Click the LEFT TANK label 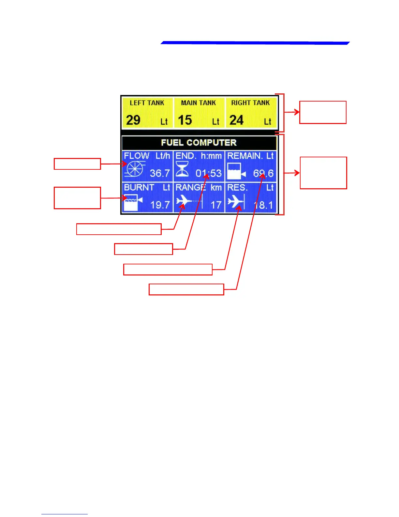click(x=147, y=103)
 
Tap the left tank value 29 click(x=133, y=120)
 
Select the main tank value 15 click(x=185, y=120)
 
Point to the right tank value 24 click(x=236, y=120)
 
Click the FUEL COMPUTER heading click(x=199, y=143)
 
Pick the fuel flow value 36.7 click(x=160, y=173)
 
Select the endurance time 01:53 click(x=209, y=173)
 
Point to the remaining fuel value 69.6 click(x=263, y=173)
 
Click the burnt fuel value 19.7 click(x=160, y=205)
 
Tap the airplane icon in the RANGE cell click(x=184, y=201)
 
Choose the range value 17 click(x=216, y=205)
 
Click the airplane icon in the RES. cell click(x=235, y=201)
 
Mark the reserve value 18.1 click(x=263, y=205)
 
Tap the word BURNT click(x=139, y=188)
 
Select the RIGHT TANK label click(x=250, y=103)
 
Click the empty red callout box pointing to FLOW click(x=77, y=164)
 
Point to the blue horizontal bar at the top click(x=255, y=43)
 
